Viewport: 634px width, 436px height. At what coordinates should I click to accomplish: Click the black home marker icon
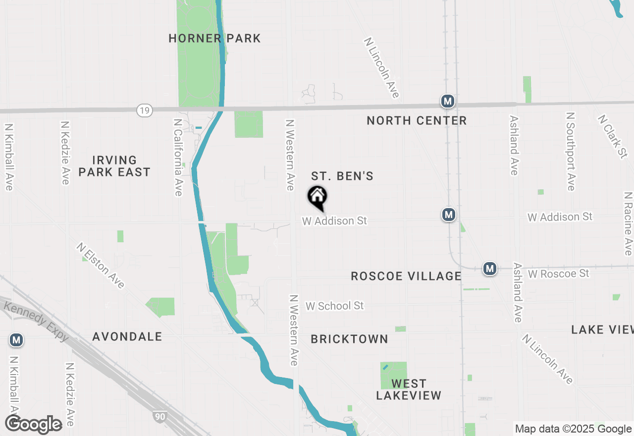[317, 197]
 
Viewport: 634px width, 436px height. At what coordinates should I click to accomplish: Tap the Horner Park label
[214, 39]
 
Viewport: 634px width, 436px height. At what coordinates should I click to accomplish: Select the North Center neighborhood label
[417, 120]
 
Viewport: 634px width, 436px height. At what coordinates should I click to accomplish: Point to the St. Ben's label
[342, 176]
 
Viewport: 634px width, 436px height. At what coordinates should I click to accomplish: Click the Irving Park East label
[114, 166]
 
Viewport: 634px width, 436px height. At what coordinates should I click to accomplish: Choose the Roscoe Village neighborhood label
[406, 276]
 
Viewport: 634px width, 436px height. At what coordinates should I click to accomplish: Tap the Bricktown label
[349, 339]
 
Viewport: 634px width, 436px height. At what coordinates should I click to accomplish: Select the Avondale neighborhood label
[127, 336]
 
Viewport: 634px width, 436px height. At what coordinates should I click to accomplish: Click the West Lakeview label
[409, 389]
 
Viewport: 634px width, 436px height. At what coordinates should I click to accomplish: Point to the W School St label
[335, 306]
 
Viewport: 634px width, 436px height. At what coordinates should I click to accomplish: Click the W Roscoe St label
[559, 273]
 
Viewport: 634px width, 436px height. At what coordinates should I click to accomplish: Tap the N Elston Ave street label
[101, 266]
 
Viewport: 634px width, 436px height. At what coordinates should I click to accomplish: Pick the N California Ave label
[178, 157]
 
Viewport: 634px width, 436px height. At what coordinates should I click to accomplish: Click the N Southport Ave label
[571, 151]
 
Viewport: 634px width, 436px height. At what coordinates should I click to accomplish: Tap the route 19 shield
[144, 110]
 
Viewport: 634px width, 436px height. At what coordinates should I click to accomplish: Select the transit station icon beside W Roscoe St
[490, 269]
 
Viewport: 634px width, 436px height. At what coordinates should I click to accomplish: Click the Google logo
[34, 424]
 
